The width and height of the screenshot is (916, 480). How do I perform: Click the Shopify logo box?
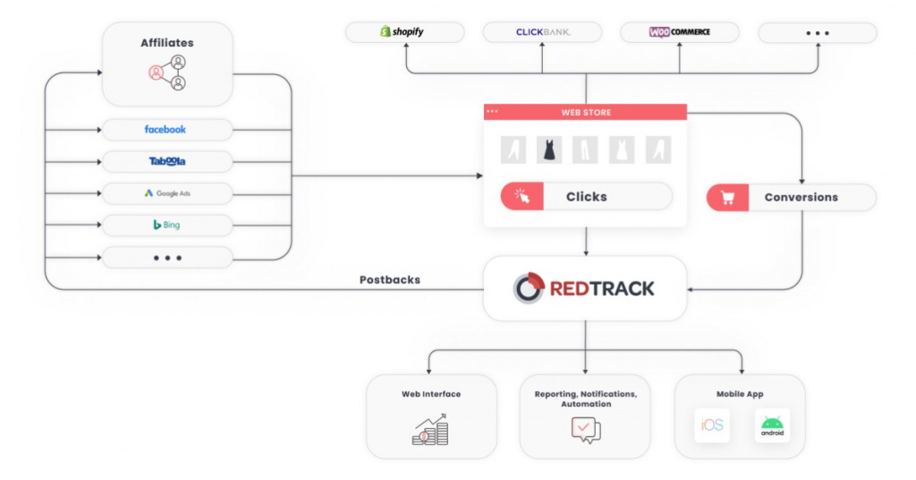coord(404,32)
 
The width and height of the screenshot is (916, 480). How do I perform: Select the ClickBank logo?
coord(542,32)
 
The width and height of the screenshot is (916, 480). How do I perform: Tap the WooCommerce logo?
coord(679,32)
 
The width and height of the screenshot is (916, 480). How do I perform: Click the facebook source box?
coord(166,130)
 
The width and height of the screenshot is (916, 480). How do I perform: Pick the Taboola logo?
coord(166,162)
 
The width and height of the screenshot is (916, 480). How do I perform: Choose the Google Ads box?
coord(166,193)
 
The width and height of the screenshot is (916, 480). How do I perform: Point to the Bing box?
coord(166,225)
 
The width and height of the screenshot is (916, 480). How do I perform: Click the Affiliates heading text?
coord(166,43)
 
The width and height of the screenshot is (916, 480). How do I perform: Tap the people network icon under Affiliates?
coord(167,73)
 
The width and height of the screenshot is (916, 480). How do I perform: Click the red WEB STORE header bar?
coord(585,112)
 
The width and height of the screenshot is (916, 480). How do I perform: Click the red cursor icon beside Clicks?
coord(522,197)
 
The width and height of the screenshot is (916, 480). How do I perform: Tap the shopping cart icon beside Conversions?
coord(727,198)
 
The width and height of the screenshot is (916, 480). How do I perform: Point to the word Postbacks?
coord(389,280)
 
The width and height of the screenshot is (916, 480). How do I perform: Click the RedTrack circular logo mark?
coord(529,288)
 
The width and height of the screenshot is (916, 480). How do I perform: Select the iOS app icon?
coord(712,425)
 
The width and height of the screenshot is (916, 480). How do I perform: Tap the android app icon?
coord(772,425)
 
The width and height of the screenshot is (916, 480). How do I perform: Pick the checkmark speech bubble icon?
coord(585,430)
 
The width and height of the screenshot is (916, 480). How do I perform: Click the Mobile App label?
coord(740,394)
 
